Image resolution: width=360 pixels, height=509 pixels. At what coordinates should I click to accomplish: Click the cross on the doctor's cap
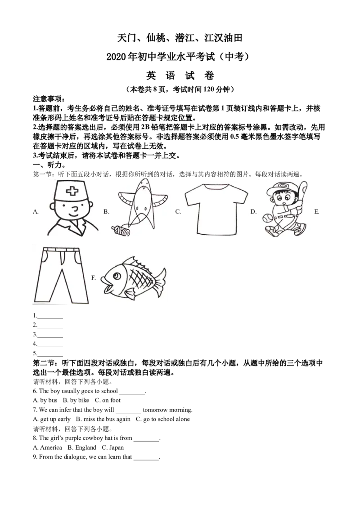pyautogui.click(x=72, y=191)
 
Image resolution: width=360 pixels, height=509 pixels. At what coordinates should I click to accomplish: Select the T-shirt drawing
pyautogui.click(x=216, y=208)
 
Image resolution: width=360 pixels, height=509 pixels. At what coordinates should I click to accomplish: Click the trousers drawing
pyautogui.click(x=61, y=275)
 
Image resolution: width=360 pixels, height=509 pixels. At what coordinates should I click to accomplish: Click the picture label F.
pyautogui.click(x=94, y=278)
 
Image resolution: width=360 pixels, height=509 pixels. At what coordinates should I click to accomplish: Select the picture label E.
pyautogui.click(x=317, y=212)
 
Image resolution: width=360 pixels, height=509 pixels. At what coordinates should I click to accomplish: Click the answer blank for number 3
pyautogui.click(x=50, y=337)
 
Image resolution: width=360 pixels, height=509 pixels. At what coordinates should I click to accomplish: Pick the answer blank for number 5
pyautogui.click(x=50, y=356)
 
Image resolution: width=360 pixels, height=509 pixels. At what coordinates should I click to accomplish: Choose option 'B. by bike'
pyautogui.click(x=76, y=400)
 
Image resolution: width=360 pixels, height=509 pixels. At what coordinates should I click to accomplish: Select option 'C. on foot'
pyautogui.click(x=108, y=400)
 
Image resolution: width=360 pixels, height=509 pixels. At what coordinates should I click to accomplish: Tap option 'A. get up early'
pyautogui.click(x=52, y=419)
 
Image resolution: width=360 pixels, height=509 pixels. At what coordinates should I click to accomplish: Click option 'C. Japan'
pyautogui.click(x=113, y=448)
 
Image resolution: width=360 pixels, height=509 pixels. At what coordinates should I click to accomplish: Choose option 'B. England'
pyautogui.click(x=82, y=448)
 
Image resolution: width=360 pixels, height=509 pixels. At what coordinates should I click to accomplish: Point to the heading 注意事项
pyautogui.click(x=49, y=98)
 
